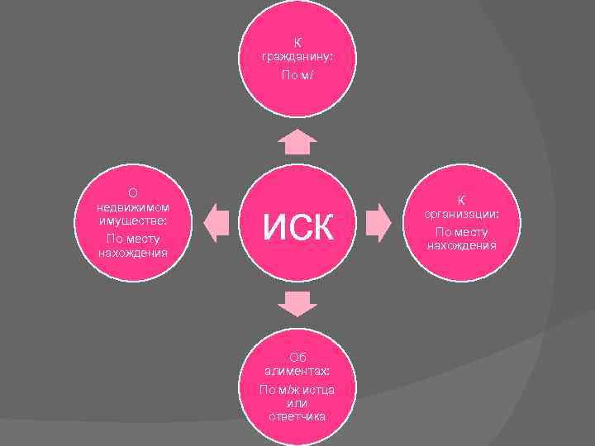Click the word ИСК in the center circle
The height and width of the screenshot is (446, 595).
[x=297, y=224]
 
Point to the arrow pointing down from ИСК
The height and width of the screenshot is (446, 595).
[x=297, y=304]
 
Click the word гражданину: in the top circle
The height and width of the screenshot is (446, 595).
[x=297, y=57]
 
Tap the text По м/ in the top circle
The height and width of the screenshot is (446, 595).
[x=297, y=75]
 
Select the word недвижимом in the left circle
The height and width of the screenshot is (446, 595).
[x=132, y=207]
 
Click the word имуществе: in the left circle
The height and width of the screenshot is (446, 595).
[x=132, y=221]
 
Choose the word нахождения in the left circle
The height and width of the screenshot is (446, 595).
[x=132, y=252]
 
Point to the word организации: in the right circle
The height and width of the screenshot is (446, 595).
[x=462, y=214]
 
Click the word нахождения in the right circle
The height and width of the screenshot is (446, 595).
[x=462, y=245]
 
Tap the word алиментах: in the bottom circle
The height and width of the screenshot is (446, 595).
[x=297, y=372]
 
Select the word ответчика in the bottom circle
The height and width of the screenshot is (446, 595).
[x=297, y=416]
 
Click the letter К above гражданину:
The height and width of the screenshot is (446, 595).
[x=297, y=42]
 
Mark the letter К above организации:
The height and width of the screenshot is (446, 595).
[x=462, y=200]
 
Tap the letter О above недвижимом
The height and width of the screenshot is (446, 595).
[x=132, y=192]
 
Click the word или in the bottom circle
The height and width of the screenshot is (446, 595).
[x=297, y=403]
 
